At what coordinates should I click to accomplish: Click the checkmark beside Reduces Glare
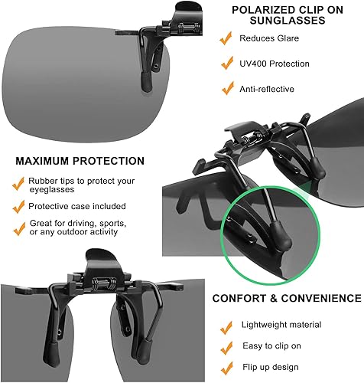pyautogui.click(x=225, y=38)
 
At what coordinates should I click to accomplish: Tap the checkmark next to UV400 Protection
pyautogui.click(x=225, y=64)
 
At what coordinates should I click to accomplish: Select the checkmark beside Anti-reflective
pyautogui.click(x=225, y=89)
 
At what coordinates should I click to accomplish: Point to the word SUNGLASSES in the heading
pyautogui.click(x=280, y=21)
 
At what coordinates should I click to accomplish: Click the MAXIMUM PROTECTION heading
pyautogui.click(x=80, y=162)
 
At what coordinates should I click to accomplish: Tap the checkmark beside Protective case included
pyautogui.click(x=18, y=207)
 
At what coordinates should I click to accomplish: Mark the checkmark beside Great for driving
pyautogui.click(x=18, y=228)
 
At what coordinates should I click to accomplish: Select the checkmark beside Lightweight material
pyautogui.click(x=225, y=326)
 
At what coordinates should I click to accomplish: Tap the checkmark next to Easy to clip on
pyautogui.click(x=225, y=349)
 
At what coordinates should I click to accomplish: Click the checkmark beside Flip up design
pyautogui.click(x=225, y=371)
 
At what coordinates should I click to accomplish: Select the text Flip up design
pyautogui.click(x=269, y=371)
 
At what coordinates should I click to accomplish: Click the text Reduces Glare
pyautogui.click(x=269, y=38)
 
